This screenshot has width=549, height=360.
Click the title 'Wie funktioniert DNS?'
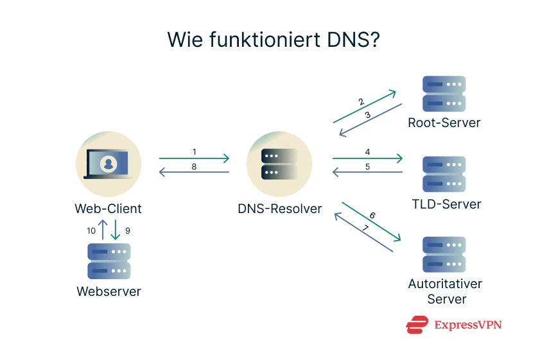[274, 39]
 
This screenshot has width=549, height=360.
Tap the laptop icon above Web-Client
[108, 164]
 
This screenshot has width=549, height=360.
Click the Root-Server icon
[444, 94]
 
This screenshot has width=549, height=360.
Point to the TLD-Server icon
[444, 174]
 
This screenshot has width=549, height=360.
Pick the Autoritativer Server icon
[444, 255]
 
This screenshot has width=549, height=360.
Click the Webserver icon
[109, 261]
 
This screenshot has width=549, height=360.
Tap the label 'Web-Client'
[108, 209]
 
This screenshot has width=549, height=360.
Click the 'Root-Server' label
[444, 123]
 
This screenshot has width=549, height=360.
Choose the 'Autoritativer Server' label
[444, 291]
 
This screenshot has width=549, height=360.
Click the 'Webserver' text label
[109, 291]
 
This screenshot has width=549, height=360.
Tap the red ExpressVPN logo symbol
[417, 325]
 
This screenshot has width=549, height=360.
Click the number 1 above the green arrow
[194, 152]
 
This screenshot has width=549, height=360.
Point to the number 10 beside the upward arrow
[91, 230]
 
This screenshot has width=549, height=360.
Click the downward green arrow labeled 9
[116, 230]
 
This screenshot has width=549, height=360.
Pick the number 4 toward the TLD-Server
[367, 152]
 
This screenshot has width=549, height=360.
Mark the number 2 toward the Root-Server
[361, 101]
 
